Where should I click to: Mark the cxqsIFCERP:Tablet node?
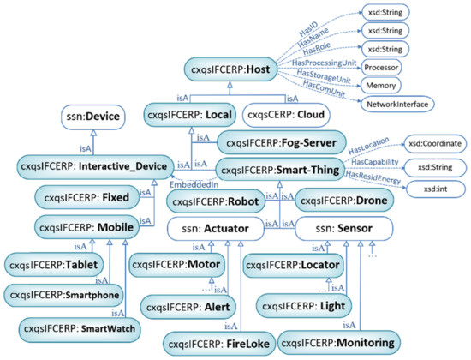(57, 264)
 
